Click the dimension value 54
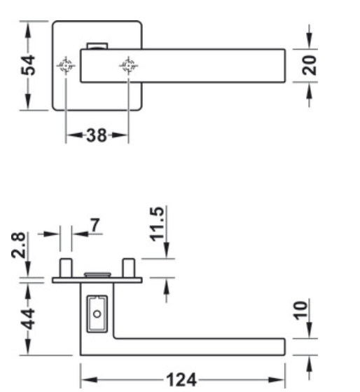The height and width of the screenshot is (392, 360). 27,66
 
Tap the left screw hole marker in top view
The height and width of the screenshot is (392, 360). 65,67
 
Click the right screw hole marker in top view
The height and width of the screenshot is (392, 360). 128,67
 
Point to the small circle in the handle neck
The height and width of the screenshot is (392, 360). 97,311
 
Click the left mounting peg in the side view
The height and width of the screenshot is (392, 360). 66,267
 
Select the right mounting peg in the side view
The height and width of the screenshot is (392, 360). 128,267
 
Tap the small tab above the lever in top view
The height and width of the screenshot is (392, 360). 96,46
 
